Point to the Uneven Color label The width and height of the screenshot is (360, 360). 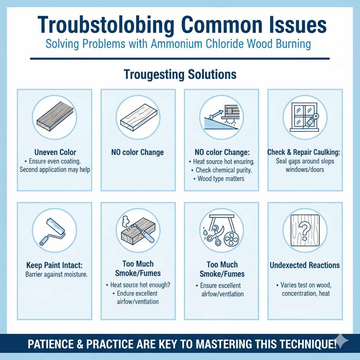pos(55,152)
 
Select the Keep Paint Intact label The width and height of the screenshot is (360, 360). pos(55,264)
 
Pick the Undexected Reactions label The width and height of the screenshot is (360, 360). pos(305,265)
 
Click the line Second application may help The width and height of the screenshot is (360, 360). pos(55,170)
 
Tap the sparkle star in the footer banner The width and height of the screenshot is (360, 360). pos(342,342)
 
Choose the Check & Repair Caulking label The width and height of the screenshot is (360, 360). pos(305,152)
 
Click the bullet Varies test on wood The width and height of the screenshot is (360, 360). pos(305,285)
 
